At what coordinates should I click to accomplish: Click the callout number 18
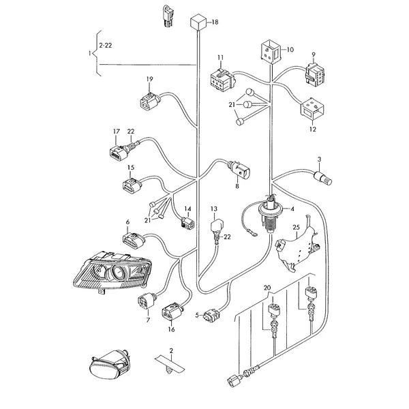[215, 22]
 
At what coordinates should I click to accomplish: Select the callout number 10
[290, 49]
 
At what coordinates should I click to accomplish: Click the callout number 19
[150, 78]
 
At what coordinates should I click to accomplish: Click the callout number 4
[292, 209]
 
